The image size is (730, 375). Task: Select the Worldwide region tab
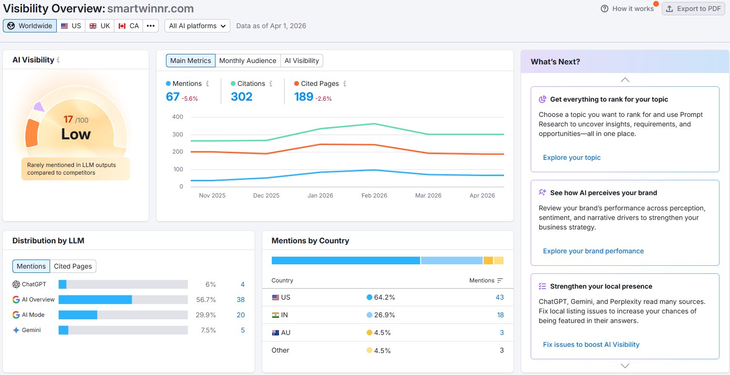30,26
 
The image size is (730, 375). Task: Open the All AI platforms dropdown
197,26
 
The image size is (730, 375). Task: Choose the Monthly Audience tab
247,61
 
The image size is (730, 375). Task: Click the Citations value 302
241,97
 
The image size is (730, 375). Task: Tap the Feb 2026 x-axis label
374,196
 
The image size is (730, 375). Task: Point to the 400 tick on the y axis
177,117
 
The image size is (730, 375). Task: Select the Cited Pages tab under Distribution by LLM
73,266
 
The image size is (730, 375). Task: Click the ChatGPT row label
34,284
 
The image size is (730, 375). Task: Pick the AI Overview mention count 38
240,300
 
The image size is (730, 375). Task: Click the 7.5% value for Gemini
208,330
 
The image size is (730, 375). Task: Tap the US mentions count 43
499,297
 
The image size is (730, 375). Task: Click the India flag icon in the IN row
276,315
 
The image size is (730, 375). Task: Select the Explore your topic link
572,157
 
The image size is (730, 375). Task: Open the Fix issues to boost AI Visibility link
591,344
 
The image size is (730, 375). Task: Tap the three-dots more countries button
151,26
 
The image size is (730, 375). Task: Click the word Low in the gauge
76,134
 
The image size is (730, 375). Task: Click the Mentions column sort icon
500,281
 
